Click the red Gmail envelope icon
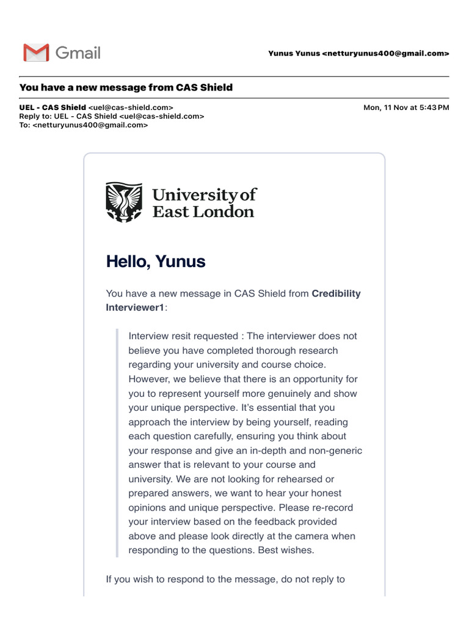[x=36, y=53]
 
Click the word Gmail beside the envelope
[x=78, y=53]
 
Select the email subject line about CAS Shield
[x=126, y=87]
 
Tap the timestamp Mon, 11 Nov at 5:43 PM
[x=406, y=108]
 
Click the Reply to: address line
[x=112, y=116]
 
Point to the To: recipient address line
[x=84, y=125]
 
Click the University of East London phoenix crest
[x=124, y=202]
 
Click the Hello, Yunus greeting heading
[x=156, y=262]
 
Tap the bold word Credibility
[x=336, y=293]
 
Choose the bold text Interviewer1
[x=135, y=307]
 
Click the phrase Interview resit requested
[x=183, y=336]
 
